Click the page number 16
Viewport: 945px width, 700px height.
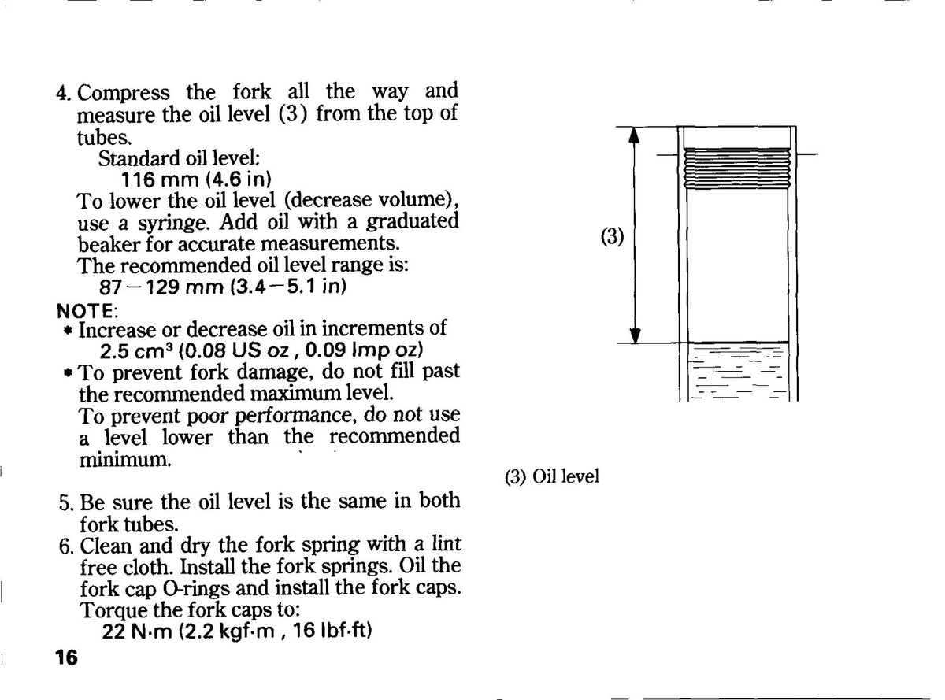66,657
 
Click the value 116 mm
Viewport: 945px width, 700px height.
160,180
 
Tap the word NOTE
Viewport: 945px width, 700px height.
85,311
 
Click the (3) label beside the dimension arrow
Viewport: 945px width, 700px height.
612,235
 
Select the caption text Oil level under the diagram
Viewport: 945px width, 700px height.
565,476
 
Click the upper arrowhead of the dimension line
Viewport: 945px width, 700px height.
635,135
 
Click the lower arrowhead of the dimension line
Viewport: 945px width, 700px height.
635,335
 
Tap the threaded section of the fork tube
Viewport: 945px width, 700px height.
736,169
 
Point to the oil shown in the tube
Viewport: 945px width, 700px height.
738,372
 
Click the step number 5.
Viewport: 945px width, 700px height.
66,503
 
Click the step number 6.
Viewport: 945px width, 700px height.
66,546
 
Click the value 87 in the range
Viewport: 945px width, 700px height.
110,287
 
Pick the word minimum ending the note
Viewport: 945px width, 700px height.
125,459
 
